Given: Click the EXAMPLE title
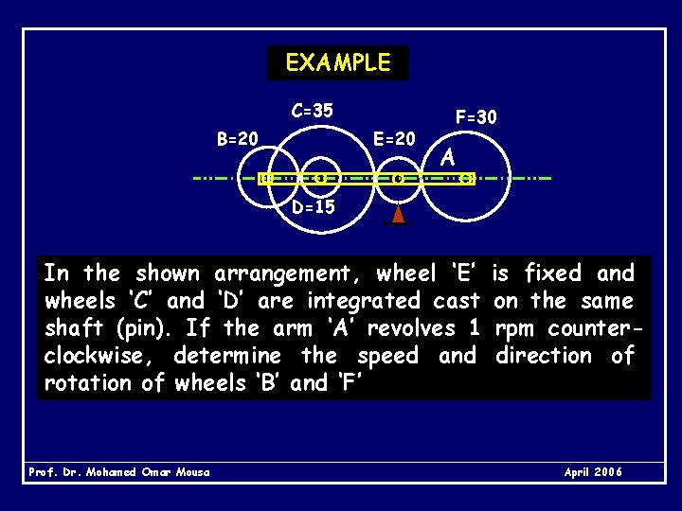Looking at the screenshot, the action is pos(337,63).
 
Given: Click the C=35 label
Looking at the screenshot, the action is pos(313,111).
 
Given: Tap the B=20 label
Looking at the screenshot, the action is pos(237,139).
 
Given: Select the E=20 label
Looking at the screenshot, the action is pos(394,138).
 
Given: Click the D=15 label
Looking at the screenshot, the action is pos(313,206).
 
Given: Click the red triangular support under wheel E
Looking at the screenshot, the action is pos(399,214).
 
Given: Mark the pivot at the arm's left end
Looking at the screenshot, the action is pos(267,178).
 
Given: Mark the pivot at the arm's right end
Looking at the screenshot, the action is pos(465,178).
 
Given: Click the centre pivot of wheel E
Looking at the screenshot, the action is pos(399,178).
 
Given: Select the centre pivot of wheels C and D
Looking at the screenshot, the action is pos(320,178).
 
